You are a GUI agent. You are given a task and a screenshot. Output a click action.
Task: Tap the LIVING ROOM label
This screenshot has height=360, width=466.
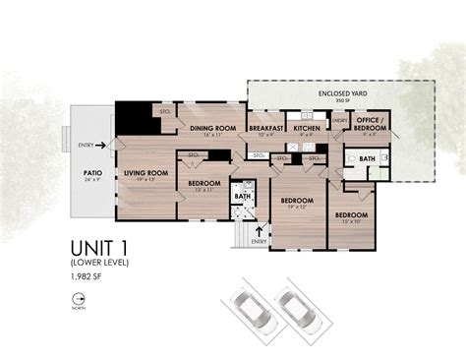click(x=146, y=173)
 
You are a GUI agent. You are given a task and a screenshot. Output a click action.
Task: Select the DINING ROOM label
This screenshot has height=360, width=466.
click(x=213, y=129)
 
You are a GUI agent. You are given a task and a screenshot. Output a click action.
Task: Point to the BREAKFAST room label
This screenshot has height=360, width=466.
click(x=266, y=129)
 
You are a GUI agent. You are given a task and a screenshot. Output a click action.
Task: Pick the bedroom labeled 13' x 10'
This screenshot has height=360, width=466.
click(x=350, y=215)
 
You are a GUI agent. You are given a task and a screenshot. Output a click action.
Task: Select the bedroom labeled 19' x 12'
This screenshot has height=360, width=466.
click(x=297, y=203)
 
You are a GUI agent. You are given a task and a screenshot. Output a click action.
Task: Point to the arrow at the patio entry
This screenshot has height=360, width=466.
click(x=100, y=145)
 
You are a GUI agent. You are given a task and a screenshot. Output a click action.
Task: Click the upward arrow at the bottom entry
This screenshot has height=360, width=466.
click(x=260, y=231)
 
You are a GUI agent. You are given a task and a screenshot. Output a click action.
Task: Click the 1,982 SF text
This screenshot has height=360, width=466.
click(x=87, y=280)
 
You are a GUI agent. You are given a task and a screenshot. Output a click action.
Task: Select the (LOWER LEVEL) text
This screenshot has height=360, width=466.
click(x=99, y=264)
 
